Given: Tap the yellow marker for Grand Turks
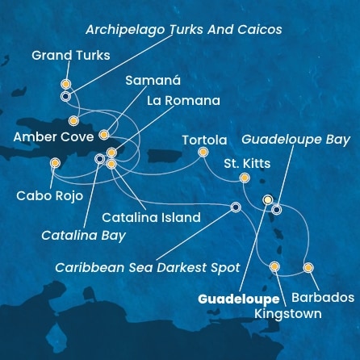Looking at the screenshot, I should [x=65, y=83].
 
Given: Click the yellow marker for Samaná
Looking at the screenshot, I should [x=103, y=125].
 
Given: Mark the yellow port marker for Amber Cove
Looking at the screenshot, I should [x=73, y=121].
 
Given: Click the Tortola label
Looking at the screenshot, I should [x=204, y=139].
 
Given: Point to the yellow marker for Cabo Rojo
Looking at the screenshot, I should [x=54, y=162].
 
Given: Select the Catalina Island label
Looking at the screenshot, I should [x=151, y=217].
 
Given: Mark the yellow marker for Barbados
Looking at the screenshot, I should [x=308, y=267].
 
